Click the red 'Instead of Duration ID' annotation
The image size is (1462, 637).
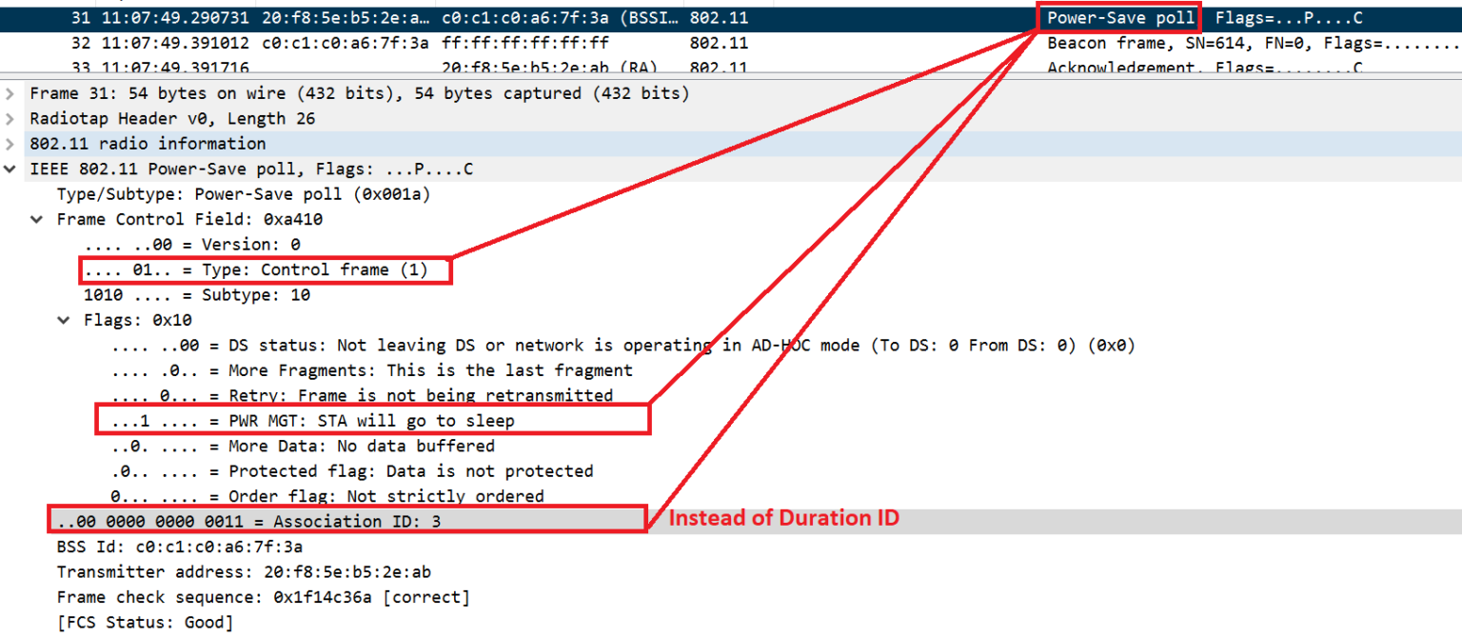tap(783, 520)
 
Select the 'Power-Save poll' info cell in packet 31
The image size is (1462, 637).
tap(1120, 18)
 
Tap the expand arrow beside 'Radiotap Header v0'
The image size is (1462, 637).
tap(10, 119)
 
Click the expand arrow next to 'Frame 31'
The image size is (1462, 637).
tap(10, 94)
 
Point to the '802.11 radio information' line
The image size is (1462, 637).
tap(148, 144)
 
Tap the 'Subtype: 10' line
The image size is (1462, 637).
tap(197, 295)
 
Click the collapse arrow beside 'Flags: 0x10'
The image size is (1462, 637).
tap(64, 321)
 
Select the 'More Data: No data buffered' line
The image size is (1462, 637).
tap(303, 446)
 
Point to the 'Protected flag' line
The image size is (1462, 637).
tap(352, 471)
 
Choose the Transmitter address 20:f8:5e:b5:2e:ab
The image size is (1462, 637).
tap(349, 571)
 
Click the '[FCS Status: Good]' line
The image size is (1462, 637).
tap(145, 623)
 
